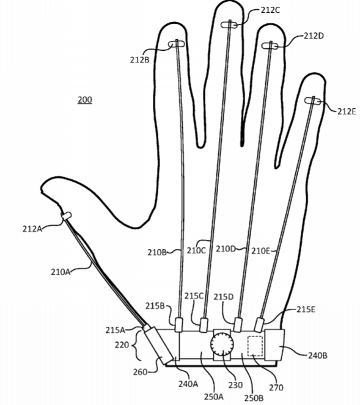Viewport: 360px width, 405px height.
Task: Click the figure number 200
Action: (x=84, y=100)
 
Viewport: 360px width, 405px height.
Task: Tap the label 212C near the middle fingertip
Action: (x=270, y=10)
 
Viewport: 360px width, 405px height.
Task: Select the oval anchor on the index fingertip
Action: (x=177, y=44)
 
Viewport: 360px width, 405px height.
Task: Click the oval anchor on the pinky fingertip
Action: (x=313, y=101)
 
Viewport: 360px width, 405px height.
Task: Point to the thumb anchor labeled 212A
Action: (x=66, y=216)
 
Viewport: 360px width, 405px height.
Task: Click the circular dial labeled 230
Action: (x=222, y=344)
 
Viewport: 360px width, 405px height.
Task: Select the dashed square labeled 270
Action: (x=255, y=346)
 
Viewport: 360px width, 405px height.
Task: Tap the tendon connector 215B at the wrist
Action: (x=179, y=325)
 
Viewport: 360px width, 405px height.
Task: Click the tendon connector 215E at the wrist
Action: (x=259, y=325)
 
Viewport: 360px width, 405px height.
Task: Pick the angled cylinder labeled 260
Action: (x=158, y=345)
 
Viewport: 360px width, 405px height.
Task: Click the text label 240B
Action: (x=318, y=355)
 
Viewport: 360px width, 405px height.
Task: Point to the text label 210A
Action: (x=61, y=272)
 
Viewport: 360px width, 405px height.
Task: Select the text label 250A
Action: (x=214, y=396)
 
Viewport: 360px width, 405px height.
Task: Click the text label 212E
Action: (x=347, y=111)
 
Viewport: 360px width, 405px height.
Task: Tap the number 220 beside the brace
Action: (x=122, y=344)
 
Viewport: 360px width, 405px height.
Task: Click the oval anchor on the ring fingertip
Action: (x=270, y=46)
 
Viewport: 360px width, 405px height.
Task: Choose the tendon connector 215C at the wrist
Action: (x=204, y=325)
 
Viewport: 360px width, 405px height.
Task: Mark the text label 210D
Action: (x=226, y=249)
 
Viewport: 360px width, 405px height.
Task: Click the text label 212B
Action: (x=139, y=60)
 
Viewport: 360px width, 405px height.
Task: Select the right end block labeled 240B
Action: (x=274, y=345)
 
